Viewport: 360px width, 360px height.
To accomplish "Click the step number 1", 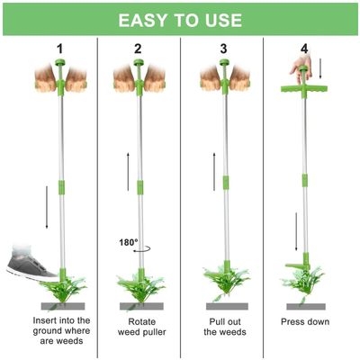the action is [x=60, y=49].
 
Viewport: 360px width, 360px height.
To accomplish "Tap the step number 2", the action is [x=138, y=49].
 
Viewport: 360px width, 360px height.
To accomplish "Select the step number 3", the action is [x=223, y=49].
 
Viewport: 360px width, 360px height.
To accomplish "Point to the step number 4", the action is [x=304, y=49].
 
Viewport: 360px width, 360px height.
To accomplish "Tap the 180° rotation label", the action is [x=129, y=242].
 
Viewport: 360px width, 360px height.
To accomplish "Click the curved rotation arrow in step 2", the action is [x=142, y=249].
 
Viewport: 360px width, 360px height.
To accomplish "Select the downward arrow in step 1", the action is [x=47, y=207].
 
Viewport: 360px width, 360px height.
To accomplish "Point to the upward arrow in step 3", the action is [x=214, y=171].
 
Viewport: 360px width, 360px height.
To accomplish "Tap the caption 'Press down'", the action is [x=305, y=322].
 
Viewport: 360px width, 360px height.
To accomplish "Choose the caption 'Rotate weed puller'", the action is [x=141, y=327].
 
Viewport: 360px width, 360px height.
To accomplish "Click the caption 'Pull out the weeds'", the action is [x=225, y=327].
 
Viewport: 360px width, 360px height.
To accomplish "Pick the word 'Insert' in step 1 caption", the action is [x=45, y=320].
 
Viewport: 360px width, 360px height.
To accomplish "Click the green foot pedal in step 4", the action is [x=295, y=265].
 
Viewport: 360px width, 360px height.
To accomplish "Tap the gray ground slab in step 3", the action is [x=227, y=306].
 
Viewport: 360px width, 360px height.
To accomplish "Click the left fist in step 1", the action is [x=45, y=78].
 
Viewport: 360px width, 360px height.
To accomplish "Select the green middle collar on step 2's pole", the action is [x=139, y=187].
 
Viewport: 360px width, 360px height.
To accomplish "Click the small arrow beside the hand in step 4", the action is [x=320, y=68].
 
